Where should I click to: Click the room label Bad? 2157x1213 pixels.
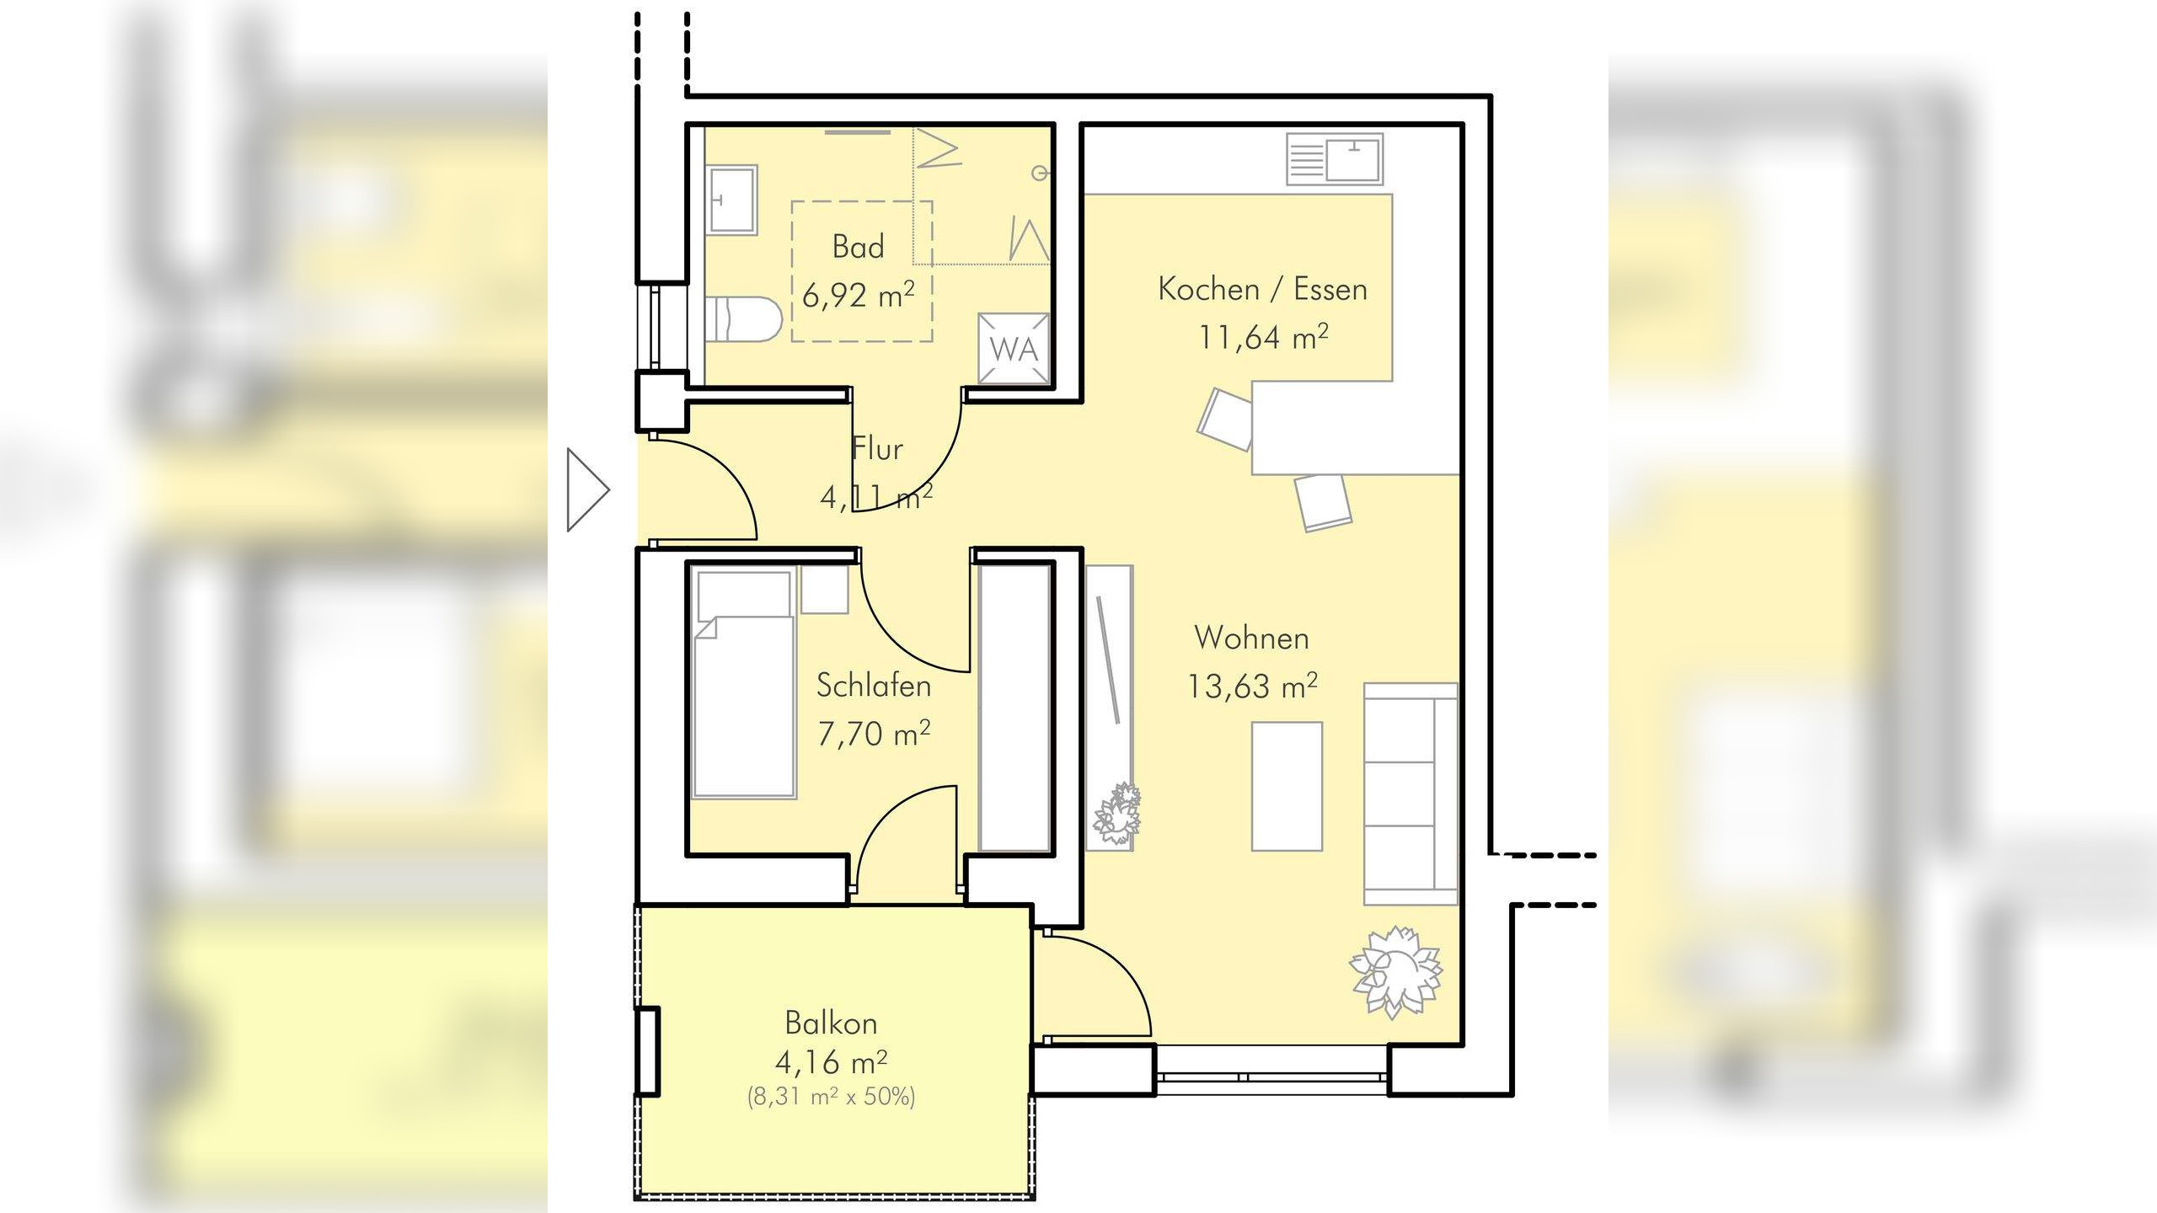(x=858, y=247)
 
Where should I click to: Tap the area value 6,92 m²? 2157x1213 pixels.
(x=858, y=295)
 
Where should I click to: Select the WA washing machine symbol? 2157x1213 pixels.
(x=1014, y=348)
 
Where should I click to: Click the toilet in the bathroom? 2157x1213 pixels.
(x=743, y=319)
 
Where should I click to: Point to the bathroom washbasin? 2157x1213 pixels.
(x=732, y=200)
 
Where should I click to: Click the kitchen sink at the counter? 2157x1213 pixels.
(x=1335, y=159)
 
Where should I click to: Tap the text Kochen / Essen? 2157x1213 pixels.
(x=1262, y=289)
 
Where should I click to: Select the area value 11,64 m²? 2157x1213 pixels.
(x=1263, y=337)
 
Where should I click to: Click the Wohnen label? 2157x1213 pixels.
(x=1252, y=638)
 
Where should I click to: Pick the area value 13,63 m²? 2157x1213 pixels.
(x=1252, y=687)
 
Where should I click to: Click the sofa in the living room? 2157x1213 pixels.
(x=1410, y=794)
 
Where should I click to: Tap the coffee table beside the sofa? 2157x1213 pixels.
(x=1287, y=786)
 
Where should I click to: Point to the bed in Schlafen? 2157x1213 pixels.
(x=744, y=682)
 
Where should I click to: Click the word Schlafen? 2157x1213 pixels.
(x=874, y=686)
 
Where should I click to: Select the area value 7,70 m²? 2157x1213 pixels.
(x=874, y=734)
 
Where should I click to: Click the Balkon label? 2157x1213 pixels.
(x=831, y=1023)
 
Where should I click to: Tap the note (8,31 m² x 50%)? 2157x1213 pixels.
(x=831, y=1097)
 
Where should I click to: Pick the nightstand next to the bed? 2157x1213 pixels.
(x=824, y=590)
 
